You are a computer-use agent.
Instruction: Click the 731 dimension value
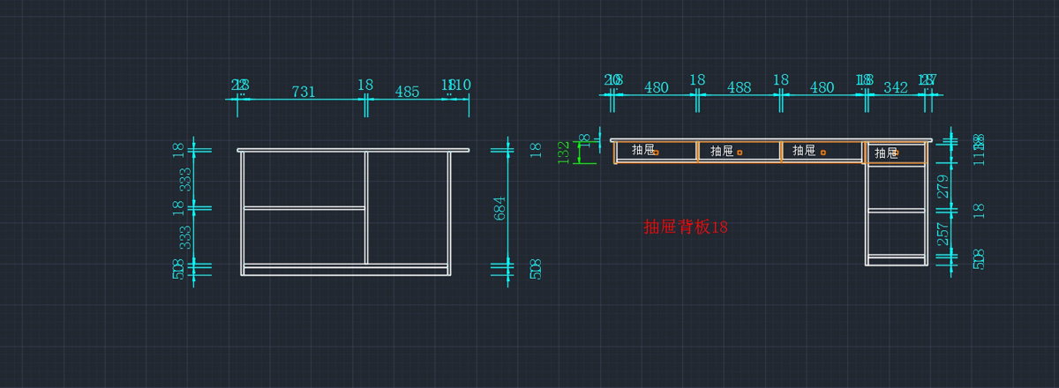304,91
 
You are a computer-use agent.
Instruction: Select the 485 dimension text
407,91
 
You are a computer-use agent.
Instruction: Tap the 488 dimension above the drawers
739,87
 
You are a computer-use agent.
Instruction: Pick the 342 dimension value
895,87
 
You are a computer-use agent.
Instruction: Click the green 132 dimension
564,152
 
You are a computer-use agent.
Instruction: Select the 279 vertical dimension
943,186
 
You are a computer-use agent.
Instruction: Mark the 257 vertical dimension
943,234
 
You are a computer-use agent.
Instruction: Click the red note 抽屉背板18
686,227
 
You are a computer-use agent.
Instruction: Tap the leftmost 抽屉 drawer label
643,151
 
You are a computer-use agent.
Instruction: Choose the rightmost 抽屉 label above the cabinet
886,153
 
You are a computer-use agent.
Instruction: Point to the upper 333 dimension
185,180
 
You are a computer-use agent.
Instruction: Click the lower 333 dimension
185,236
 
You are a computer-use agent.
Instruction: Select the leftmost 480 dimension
656,87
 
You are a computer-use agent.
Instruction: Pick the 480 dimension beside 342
822,87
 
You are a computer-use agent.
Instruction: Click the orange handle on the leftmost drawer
657,153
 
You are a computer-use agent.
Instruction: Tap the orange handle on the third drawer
823,153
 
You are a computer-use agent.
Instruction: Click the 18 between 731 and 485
365,85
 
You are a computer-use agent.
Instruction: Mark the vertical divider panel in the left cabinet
366,207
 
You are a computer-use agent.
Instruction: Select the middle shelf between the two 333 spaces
304,208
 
